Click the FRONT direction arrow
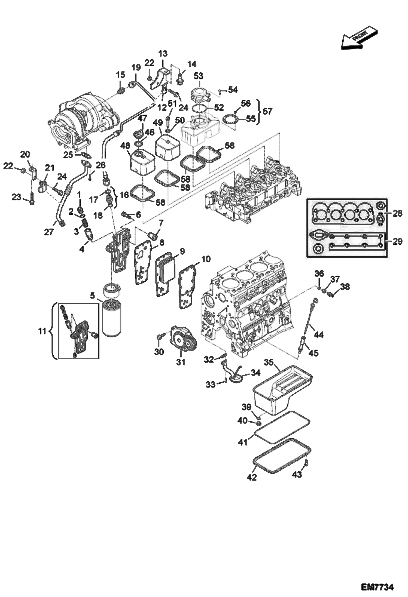(359, 38)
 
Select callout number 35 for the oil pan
(269, 362)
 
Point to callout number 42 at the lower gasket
(252, 477)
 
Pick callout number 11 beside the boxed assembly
(42, 331)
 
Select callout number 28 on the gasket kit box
(397, 213)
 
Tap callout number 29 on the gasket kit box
(397, 241)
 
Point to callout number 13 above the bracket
(163, 53)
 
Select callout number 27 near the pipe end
(49, 232)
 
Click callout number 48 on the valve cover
(126, 146)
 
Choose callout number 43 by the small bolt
(297, 474)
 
